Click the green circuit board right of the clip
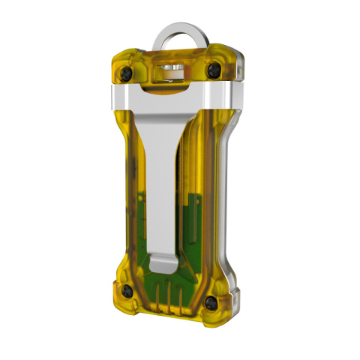(193, 217)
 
